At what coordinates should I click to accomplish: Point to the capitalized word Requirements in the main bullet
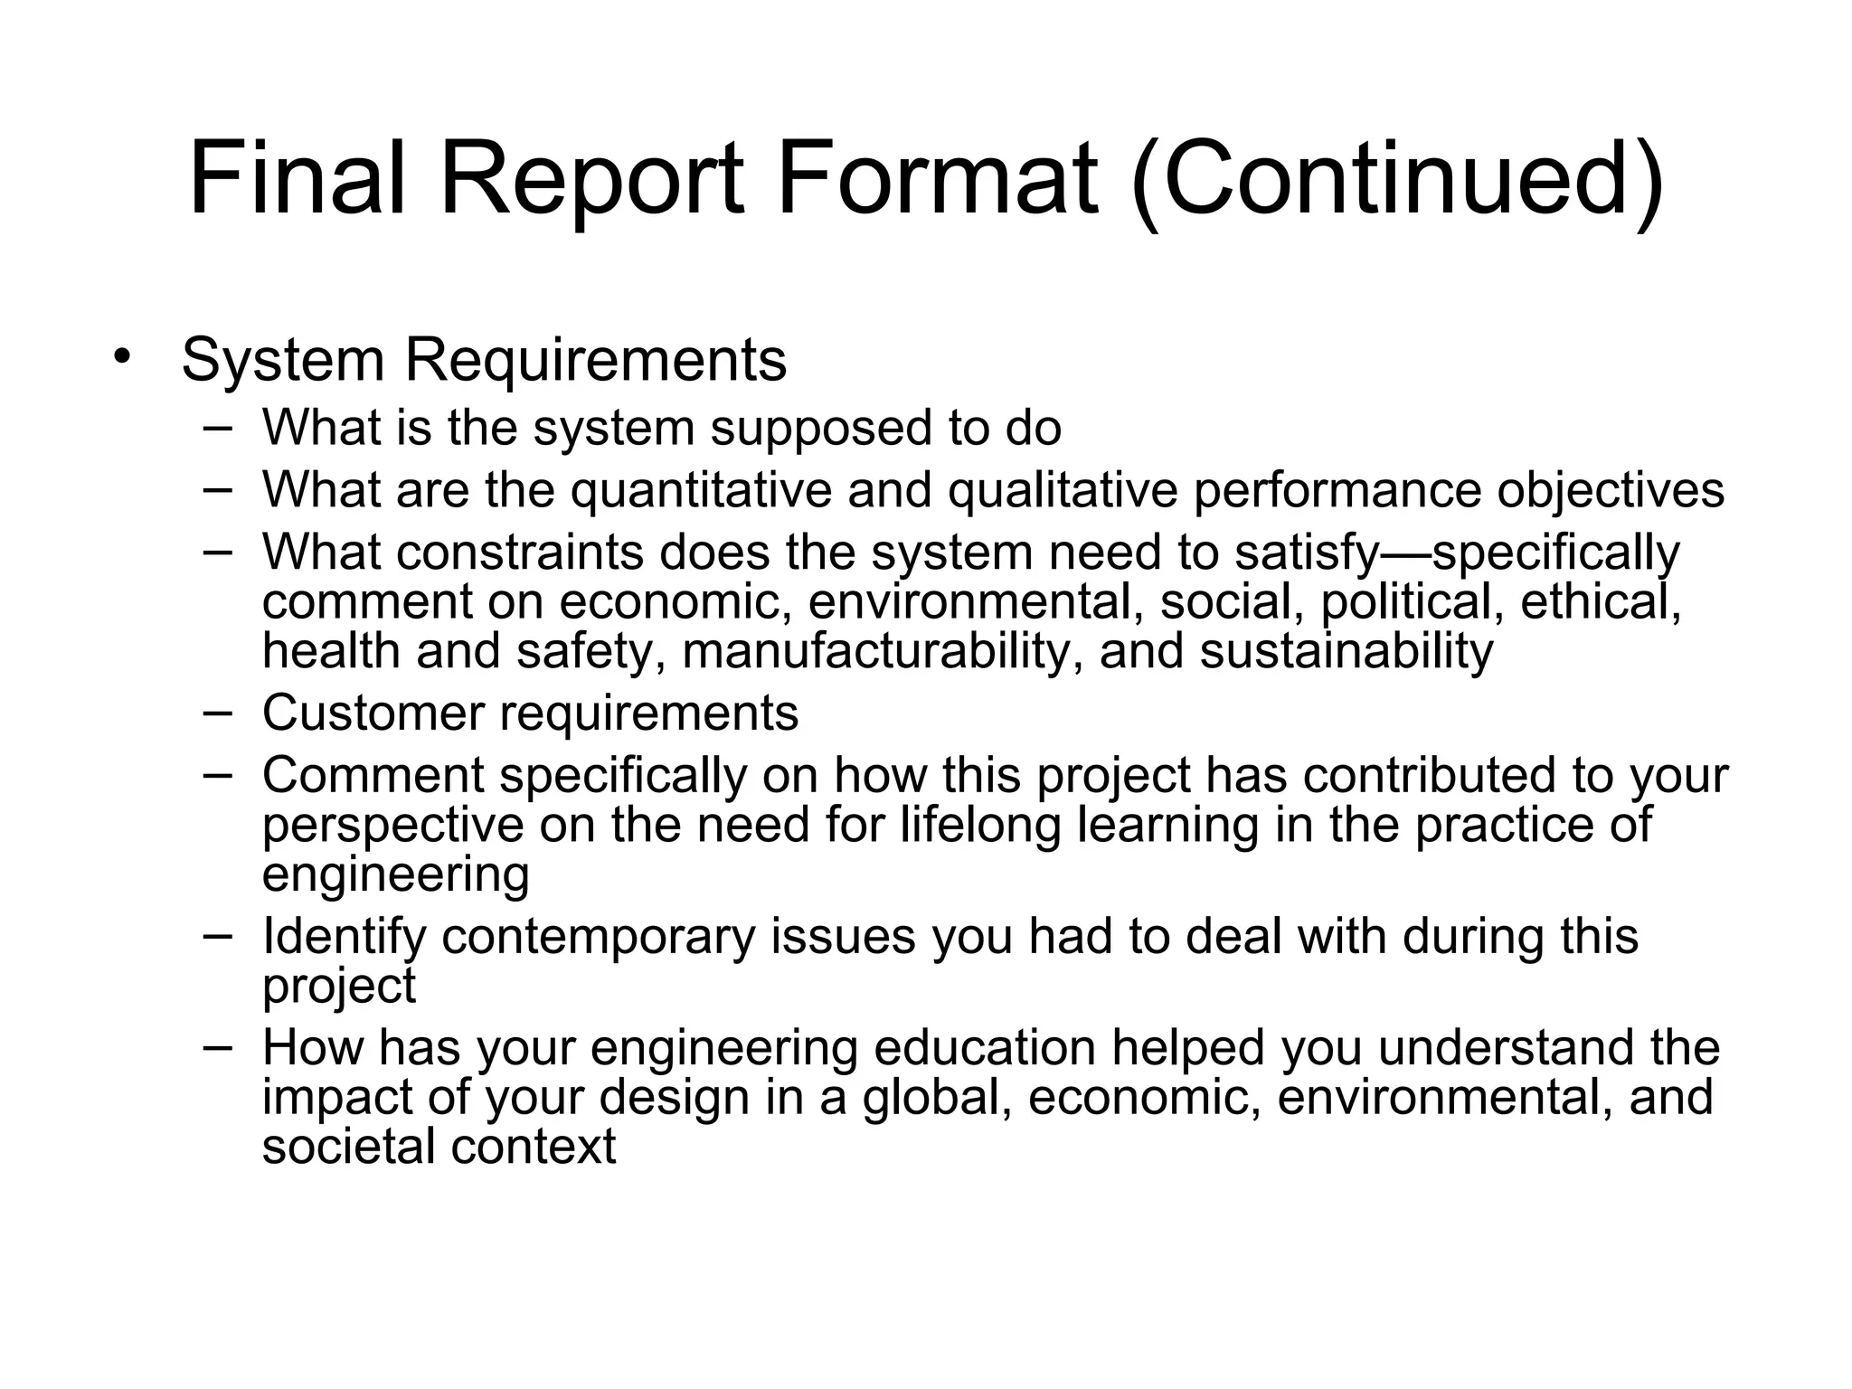(595, 361)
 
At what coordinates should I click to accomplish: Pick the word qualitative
(1063, 490)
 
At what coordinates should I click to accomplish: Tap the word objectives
(1611, 490)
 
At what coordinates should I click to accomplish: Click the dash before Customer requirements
(218, 711)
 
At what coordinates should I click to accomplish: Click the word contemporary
(598, 936)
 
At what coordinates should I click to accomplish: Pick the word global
(937, 1097)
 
